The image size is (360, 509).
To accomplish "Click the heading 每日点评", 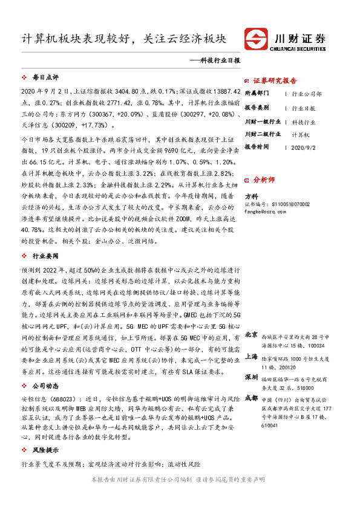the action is point(45,78).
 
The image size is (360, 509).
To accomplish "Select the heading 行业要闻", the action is point(45,256).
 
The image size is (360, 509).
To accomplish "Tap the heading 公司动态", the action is point(45,385).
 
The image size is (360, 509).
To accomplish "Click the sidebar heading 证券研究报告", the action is point(275,80).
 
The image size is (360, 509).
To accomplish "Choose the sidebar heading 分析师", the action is point(264,180).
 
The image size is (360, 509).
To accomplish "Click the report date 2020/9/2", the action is point(303,147).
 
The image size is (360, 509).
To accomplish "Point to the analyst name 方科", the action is point(251,196).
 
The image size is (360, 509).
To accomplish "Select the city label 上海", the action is point(252,357).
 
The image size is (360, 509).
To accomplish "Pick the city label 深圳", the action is point(252,377).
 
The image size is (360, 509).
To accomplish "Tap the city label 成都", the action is point(252,398).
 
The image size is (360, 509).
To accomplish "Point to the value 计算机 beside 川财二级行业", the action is point(301,134).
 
